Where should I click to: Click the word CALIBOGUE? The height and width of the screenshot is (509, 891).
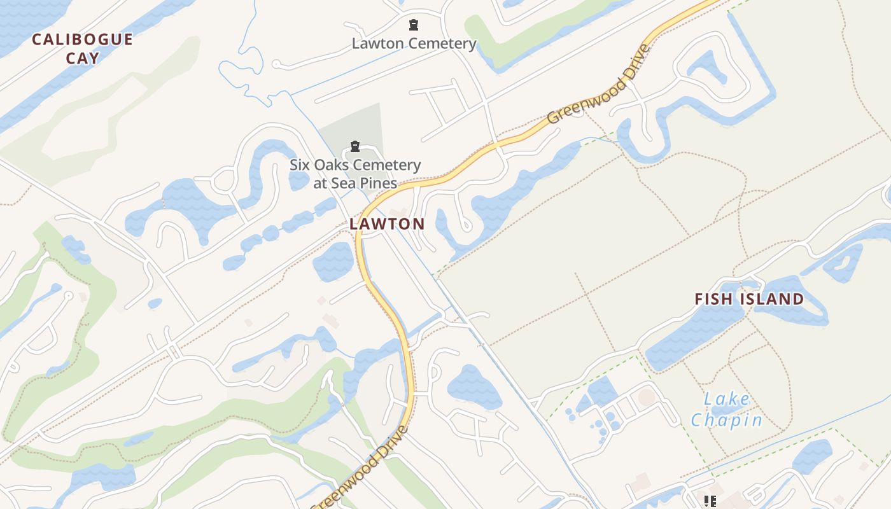tap(82, 39)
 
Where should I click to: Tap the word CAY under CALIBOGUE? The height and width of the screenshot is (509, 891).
tap(83, 58)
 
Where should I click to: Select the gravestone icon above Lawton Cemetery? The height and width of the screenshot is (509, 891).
tap(414, 25)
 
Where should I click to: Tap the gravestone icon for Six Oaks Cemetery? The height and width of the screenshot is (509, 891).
tap(355, 147)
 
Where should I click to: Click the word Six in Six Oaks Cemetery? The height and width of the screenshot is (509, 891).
tap(301, 165)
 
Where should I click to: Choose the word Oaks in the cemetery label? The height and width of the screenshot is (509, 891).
tap(333, 165)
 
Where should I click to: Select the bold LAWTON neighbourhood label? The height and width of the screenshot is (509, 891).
tap(386, 224)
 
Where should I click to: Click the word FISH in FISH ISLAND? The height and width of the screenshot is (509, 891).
tap(717, 299)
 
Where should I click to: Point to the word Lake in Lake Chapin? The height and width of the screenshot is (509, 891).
tap(727, 400)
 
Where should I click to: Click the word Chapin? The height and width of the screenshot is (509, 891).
tap(726, 420)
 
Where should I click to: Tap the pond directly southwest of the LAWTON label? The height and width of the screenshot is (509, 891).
tap(333, 261)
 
